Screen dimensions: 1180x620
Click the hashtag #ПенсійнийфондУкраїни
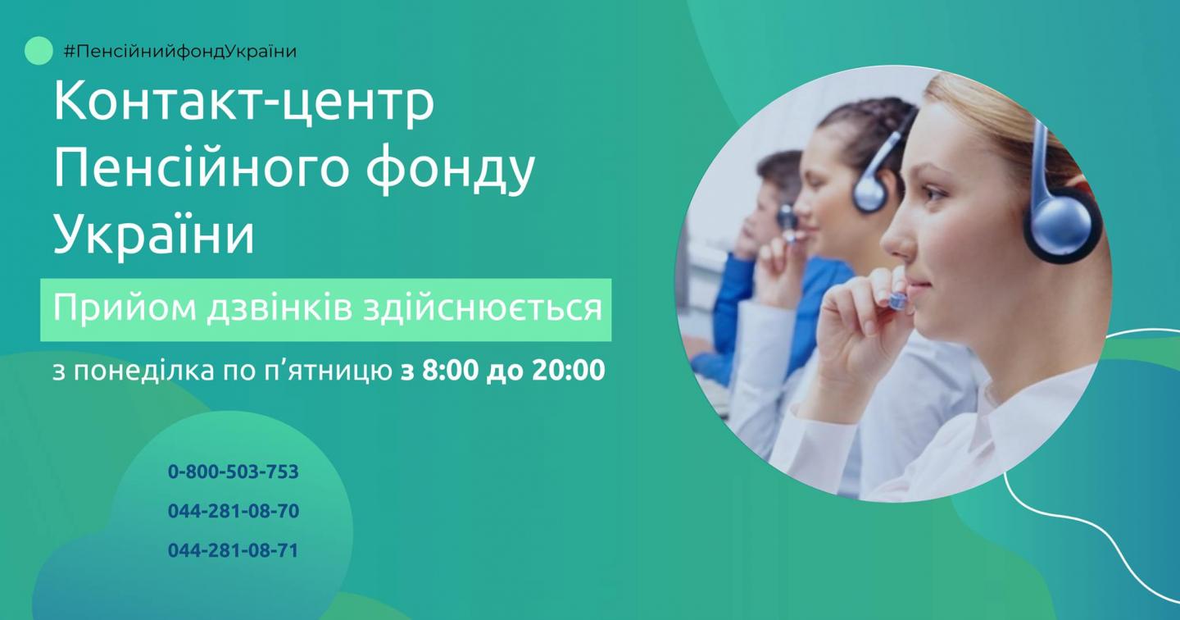tap(179, 52)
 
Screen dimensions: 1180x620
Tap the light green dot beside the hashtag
tap(39, 51)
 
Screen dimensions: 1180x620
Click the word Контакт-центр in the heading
tap(244, 101)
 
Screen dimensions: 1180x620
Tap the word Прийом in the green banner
tap(124, 309)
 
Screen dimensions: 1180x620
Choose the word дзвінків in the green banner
tap(279, 308)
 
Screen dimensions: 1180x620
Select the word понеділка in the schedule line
tap(144, 371)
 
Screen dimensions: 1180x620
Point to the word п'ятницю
tap(328, 371)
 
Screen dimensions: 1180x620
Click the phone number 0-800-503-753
tap(234, 472)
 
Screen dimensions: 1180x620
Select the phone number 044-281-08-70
tap(234, 511)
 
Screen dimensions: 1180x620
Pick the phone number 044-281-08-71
tap(234, 550)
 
